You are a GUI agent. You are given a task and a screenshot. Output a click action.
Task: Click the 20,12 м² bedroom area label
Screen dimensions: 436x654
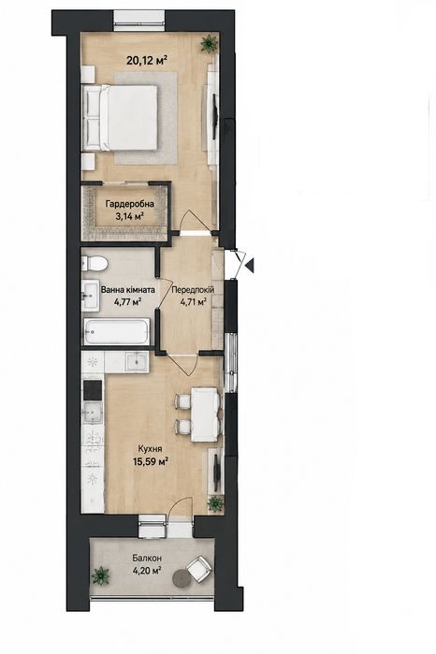tap(147, 61)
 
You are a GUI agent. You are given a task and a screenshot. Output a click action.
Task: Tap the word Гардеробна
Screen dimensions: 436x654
tap(129, 204)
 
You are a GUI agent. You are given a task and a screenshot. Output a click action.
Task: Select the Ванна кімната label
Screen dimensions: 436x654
tap(127, 289)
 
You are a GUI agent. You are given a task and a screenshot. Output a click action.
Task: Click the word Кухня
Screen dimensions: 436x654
tap(151, 449)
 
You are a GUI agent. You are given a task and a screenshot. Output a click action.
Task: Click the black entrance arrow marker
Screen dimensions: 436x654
tap(250, 264)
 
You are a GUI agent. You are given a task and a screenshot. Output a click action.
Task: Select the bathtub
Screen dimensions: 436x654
tap(116, 332)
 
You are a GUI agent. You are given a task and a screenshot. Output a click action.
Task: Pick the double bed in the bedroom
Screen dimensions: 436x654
tap(121, 117)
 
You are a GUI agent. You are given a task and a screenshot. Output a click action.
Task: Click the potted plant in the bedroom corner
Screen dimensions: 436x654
tap(209, 42)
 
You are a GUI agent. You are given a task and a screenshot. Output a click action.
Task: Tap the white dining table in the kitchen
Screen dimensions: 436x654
tap(205, 414)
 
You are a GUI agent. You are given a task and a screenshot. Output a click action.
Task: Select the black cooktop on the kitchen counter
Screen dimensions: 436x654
tap(93, 390)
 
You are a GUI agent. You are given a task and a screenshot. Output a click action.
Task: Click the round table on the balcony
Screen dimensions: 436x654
tap(182, 577)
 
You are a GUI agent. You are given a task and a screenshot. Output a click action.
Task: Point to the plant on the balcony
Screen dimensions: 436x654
tap(101, 575)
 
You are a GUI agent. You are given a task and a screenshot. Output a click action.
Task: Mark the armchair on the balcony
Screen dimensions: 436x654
tap(199, 569)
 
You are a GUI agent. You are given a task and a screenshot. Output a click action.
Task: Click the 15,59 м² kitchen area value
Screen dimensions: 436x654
tap(151, 461)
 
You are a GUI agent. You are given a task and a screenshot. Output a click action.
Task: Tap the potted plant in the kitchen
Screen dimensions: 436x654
tap(215, 503)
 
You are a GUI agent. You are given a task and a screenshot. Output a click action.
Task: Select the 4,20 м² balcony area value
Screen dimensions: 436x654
tap(147, 570)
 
